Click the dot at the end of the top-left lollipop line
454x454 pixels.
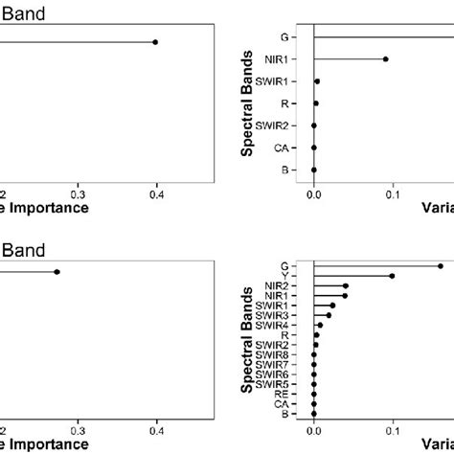[x=155, y=42]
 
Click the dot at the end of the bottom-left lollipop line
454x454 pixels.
[x=57, y=272]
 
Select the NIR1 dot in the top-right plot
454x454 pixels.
[x=386, y=59]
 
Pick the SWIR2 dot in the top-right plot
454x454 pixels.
[x=314, y=125]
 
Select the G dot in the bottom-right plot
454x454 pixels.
[x=441, y=266]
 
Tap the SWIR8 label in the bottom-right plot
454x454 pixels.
[x=288, y=354]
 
